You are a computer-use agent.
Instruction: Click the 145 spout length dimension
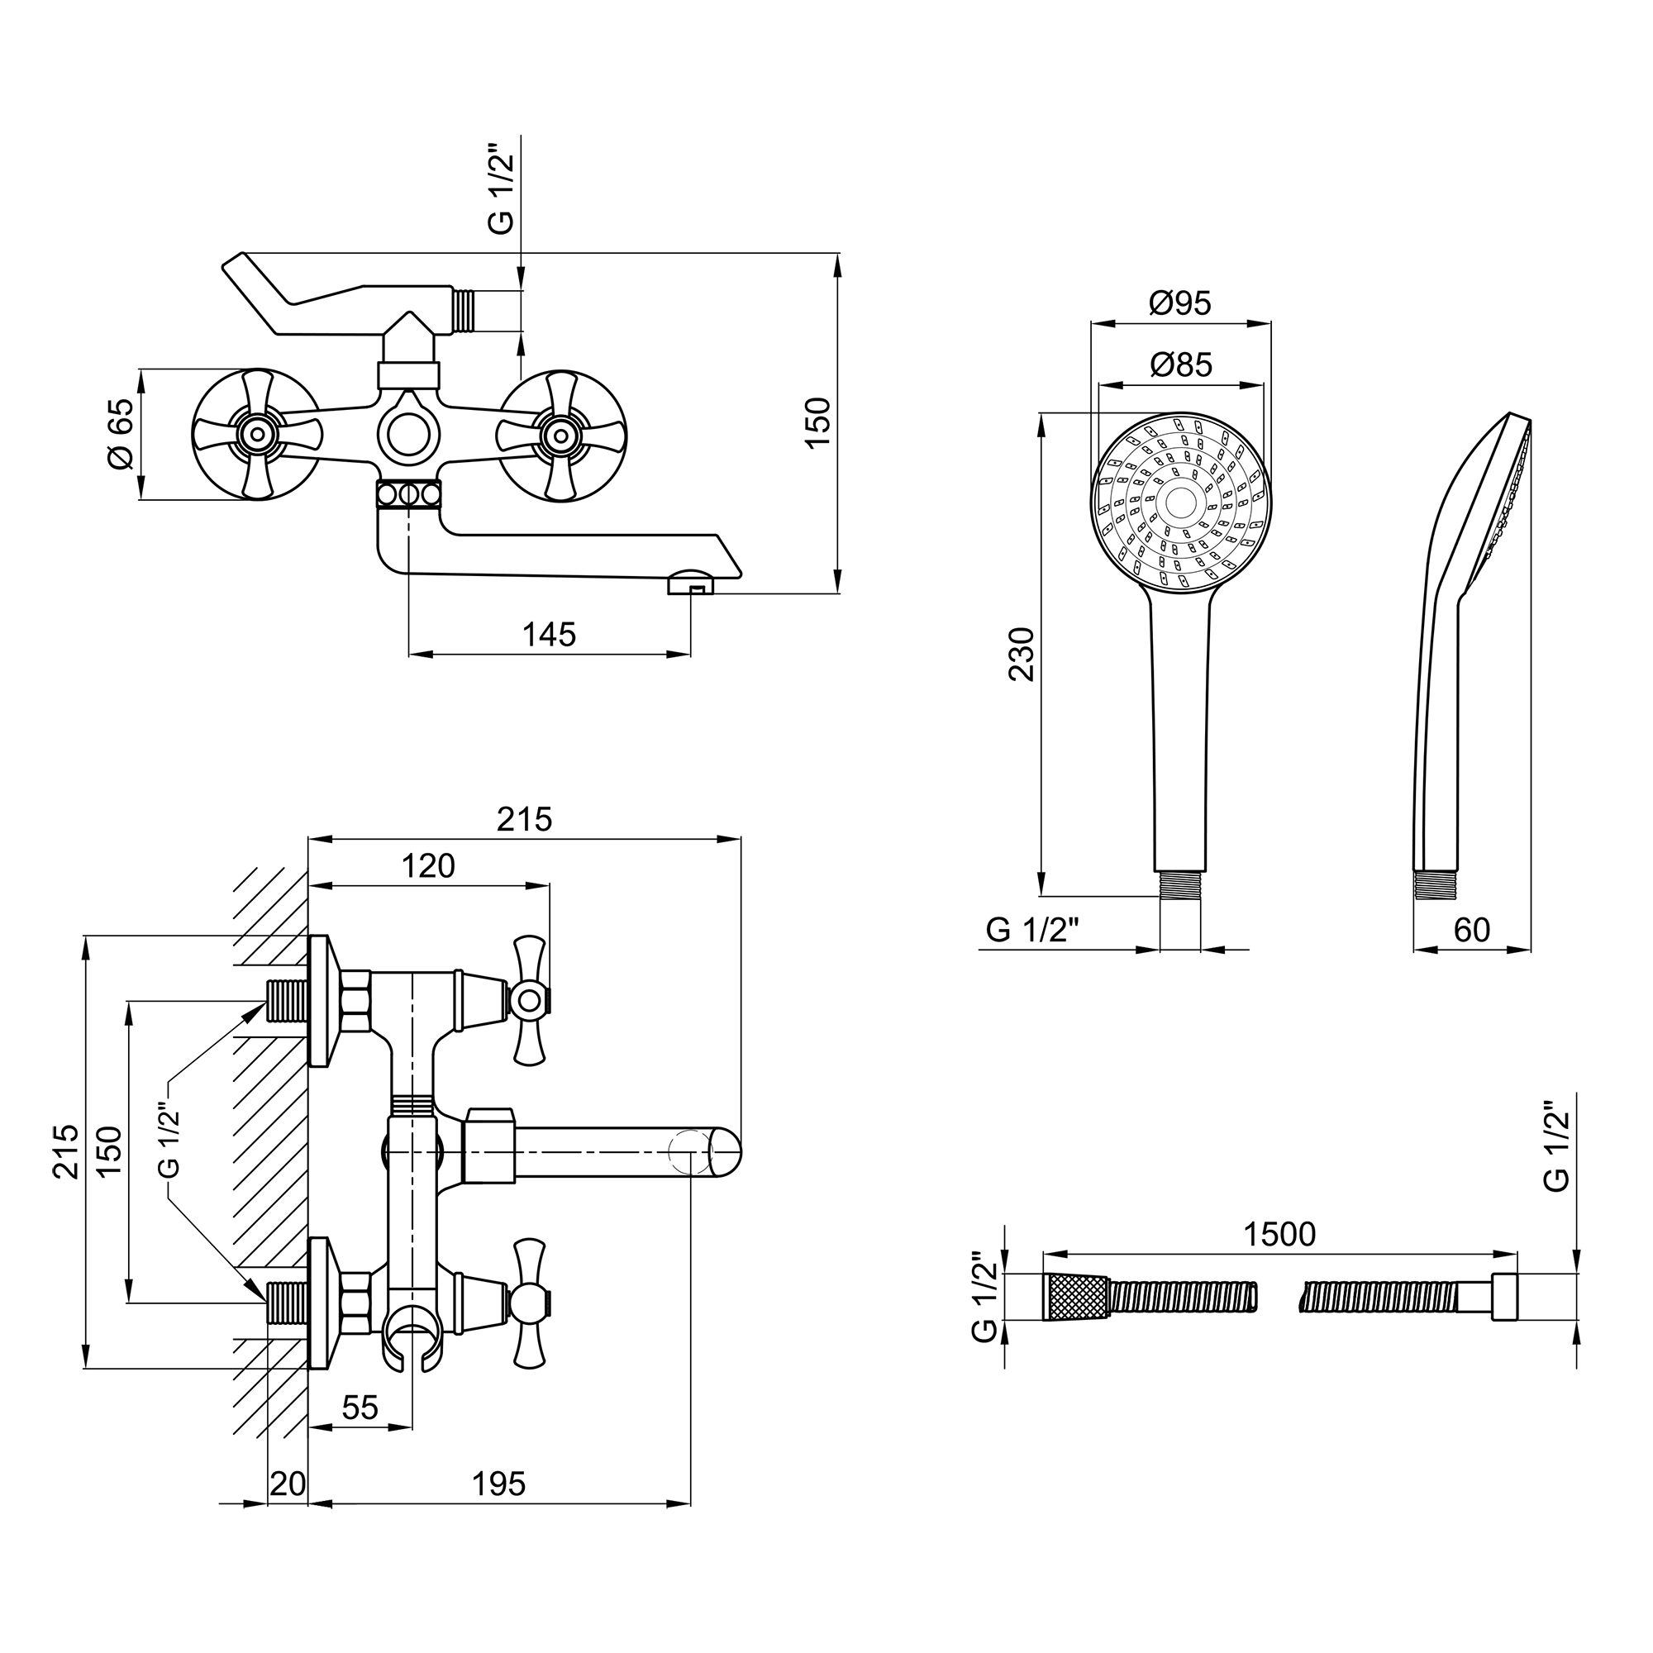[549, 635]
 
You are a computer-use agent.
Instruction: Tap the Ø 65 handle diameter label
[121, 434]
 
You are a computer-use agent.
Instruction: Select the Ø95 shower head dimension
[1180, 302]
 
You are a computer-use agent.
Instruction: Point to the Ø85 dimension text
[1181, 365]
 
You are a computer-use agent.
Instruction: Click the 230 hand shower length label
[1022, 654]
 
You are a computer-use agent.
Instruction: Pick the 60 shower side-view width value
[1472, 930]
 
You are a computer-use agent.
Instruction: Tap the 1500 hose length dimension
[1279, 1235]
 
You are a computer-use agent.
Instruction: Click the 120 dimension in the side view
[428, 866]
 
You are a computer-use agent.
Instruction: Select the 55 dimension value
[360, 1408]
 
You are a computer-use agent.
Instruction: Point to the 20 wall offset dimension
[288, 1484]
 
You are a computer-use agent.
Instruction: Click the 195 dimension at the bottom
[499, 1484]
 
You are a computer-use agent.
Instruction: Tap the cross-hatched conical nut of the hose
[1075, 1297]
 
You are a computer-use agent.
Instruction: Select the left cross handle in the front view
[256, 435]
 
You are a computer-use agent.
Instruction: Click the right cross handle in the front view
[561, 435]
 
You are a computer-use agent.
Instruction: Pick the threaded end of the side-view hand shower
[1436, 884]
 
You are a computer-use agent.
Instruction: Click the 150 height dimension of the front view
[819, 421]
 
